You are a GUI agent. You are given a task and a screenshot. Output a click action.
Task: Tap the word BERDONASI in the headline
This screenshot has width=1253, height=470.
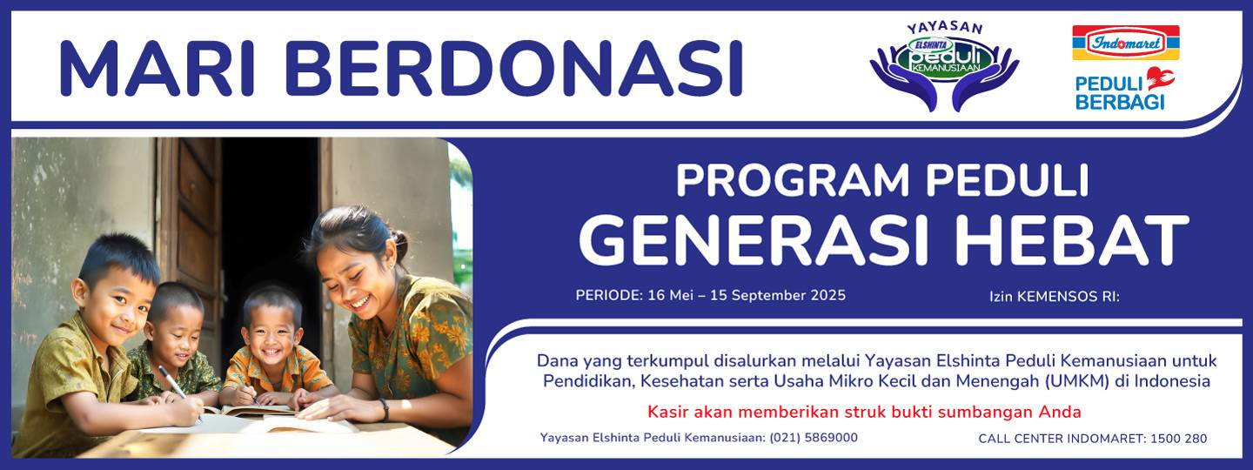(514, 68)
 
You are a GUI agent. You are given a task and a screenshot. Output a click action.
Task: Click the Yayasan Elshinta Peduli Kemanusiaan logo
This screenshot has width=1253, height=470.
(944, 66)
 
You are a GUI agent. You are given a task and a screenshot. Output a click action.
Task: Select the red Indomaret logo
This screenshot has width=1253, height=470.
(1125, 43)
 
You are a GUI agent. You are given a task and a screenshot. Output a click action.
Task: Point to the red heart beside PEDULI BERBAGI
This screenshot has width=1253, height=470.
(1160, 79)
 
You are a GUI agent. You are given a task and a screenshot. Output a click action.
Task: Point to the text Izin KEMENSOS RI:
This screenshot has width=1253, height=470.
(1055, 297)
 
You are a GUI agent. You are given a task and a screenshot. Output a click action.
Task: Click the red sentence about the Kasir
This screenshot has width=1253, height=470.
(864, 413)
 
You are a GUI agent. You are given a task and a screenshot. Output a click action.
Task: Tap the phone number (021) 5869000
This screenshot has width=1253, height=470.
(814, 438)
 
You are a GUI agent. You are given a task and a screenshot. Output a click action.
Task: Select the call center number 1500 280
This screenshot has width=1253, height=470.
(1178, 440)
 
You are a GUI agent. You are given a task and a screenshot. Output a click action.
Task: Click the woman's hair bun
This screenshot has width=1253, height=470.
(399, 240)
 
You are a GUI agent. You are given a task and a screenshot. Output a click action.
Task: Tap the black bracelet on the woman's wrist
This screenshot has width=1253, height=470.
(385, 410)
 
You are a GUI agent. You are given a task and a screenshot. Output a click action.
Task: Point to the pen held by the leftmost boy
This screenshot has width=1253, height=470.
(178, 388)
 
